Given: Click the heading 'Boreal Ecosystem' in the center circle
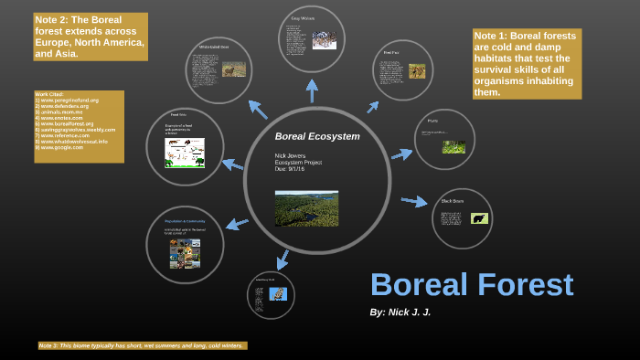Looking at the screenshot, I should pyautogui.click(x=317, y=136).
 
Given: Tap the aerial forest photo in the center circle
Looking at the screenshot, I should pyautogui.click(x=306, y=208).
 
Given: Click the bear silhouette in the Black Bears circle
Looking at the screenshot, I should pyautogui.click(x=479, y=218).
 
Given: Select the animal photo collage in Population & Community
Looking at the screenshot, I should pyautogui.click(x=184, y=253).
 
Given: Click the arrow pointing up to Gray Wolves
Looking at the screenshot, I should pyautogui.click(x=312, y=90).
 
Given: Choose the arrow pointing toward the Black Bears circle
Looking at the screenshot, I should pyautogui.click(x=414, y=201).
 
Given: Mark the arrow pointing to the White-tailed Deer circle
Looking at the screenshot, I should pyautogui.click(x=258, y=110).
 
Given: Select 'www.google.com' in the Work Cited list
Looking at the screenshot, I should pyautogui.click(x=60, y=147).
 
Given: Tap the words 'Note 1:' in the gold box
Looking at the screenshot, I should pyautogui.click(x=494, y=37).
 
